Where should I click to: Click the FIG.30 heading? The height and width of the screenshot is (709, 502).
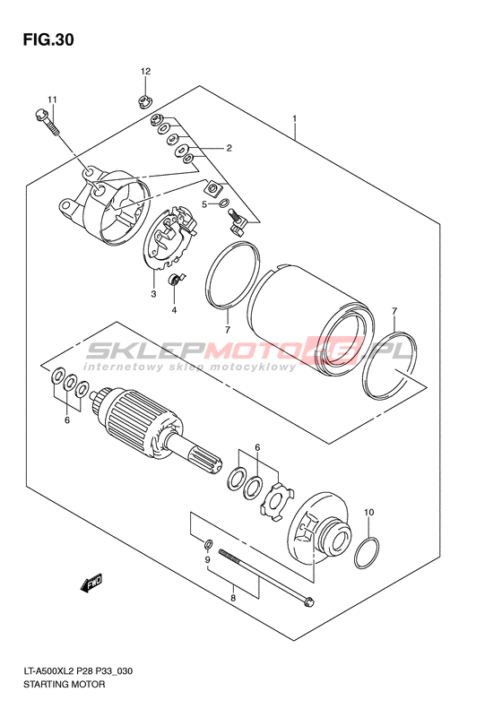click(48, 40)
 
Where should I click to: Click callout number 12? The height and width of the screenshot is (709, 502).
click(145, 71)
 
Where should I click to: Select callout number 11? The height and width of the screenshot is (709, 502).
click(53, 99)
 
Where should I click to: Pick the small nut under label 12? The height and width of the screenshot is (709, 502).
click(144, 103)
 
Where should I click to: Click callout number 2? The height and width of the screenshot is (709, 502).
click(229, 148)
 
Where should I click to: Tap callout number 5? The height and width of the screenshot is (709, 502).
click(204, 205)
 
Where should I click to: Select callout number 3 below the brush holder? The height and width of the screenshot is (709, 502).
click(154, 294)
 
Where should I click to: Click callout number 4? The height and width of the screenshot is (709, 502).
click(174, 310)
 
